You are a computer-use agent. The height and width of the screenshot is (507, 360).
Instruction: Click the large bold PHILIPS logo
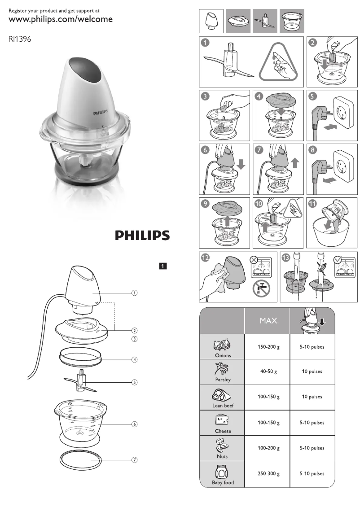tap(142, 236)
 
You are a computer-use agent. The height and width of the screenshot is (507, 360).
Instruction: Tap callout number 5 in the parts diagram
tap(134, 382)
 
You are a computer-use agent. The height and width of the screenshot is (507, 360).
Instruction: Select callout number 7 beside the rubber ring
tap(134, 460)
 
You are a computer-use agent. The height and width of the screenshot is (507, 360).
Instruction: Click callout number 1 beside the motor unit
tap(134, 293)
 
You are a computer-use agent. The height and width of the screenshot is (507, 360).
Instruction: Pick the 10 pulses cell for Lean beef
tap(312, 397)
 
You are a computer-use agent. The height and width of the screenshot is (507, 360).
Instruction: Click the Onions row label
tap(223, 355)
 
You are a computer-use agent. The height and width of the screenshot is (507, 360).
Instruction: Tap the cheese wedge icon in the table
tap(223, 420)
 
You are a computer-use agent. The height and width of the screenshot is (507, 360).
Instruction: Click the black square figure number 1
tap(163, 266)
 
